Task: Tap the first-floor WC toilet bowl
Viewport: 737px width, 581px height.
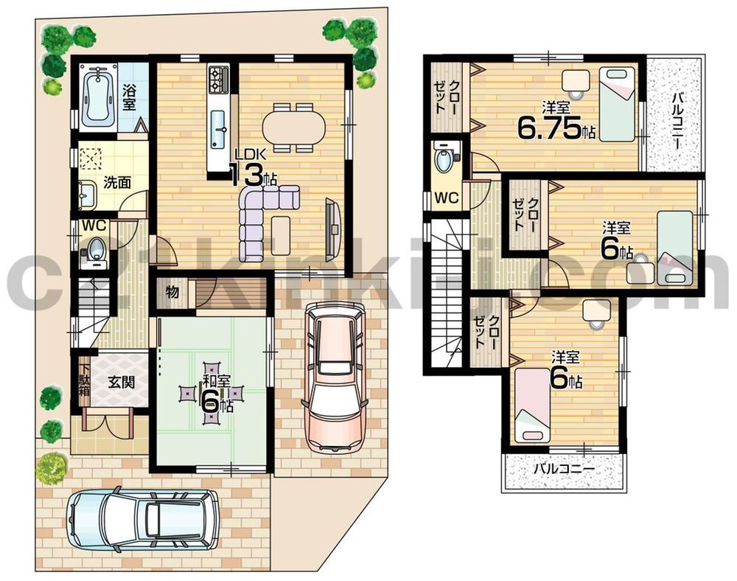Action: click(x=97, y=248)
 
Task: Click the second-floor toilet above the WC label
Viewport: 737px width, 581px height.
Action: click(x=445, y=160)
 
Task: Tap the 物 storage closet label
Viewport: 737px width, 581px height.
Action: click(x=172, y=292)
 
